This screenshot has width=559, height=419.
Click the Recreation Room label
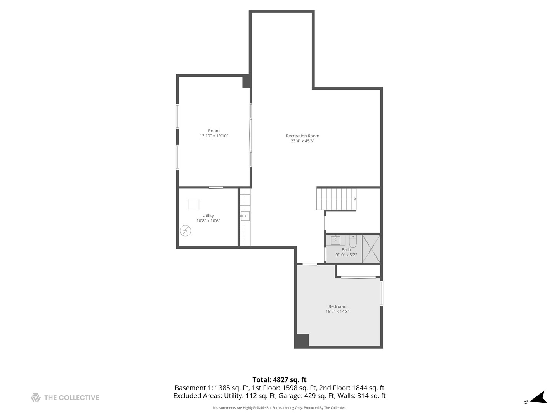point(302,136)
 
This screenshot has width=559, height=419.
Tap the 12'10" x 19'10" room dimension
point(214,136)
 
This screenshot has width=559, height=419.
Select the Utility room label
point(208,216)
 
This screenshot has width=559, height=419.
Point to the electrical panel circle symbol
point(185,231)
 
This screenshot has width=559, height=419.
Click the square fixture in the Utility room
point(193,204)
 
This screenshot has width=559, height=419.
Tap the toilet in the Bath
point(353,241)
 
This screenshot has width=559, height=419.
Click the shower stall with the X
point(371,249)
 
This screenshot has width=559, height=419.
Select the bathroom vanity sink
point(335,240)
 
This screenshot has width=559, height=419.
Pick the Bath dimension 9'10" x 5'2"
point(346,255)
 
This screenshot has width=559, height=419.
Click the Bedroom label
point(337,306)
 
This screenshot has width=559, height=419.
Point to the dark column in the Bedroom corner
point(302,341)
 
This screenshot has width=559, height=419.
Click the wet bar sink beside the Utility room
point(245,216)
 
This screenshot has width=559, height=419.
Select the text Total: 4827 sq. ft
point(279,380)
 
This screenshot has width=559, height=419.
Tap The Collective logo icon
point(36,397)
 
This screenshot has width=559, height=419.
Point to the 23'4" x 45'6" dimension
point(302,141)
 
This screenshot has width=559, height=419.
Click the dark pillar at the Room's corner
point(246,81)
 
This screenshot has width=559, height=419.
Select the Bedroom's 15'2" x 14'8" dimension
point(337,312)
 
